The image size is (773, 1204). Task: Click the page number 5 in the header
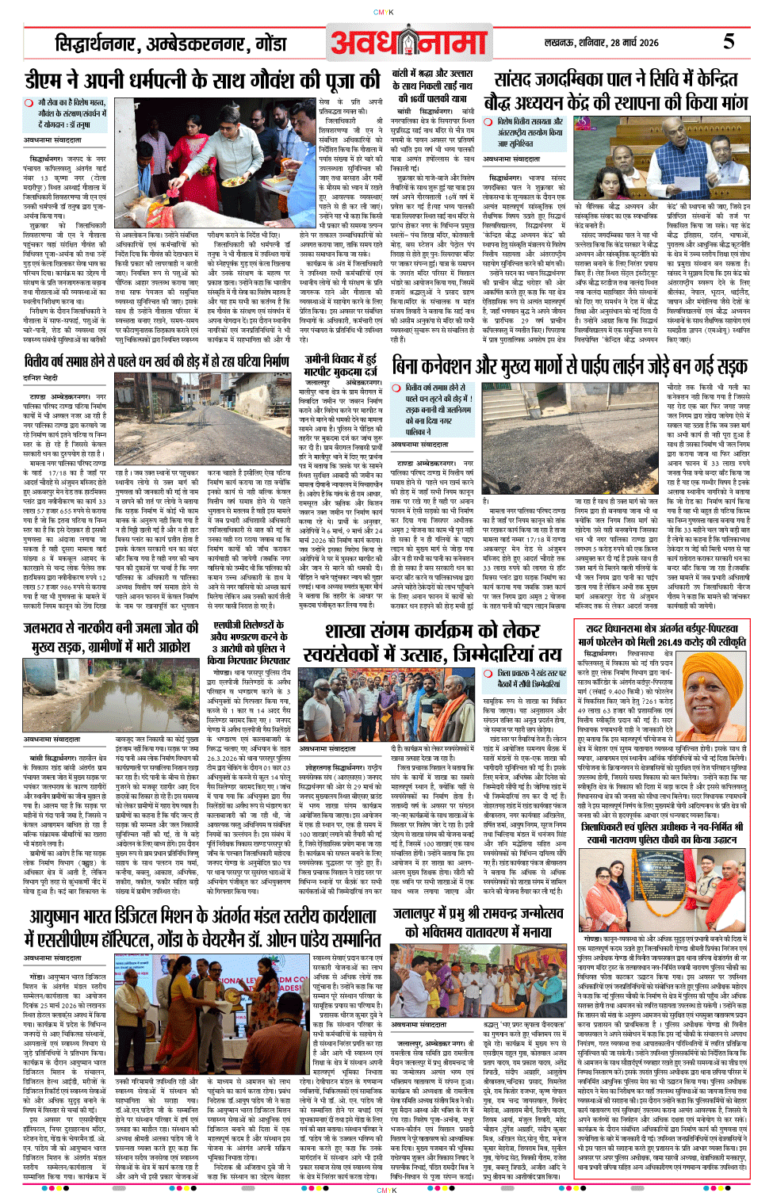[728, 41]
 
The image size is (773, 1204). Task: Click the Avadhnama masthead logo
[408, 43]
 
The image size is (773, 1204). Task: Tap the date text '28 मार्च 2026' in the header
[629, 43]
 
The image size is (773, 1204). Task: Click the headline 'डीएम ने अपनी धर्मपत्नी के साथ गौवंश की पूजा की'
[202, 81]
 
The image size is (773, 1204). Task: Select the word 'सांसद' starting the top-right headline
[519, 79]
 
